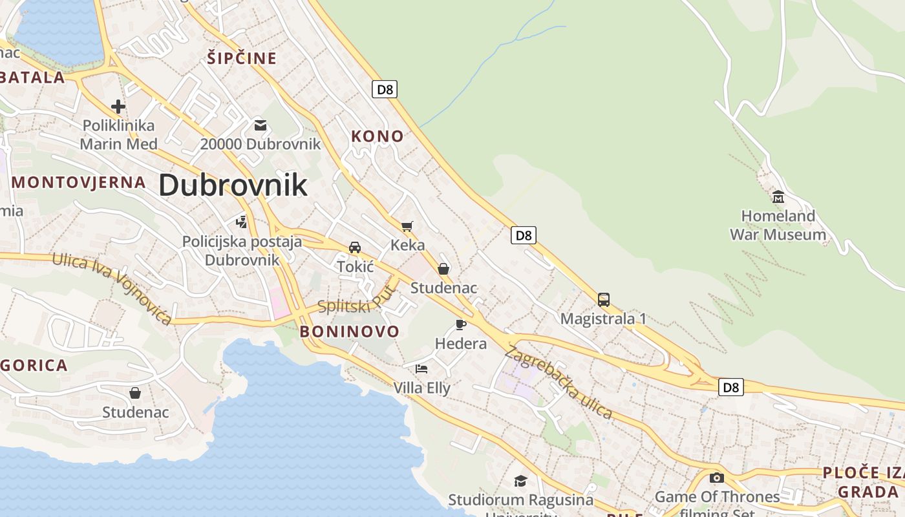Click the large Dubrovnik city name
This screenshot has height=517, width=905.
(x=233, y=185)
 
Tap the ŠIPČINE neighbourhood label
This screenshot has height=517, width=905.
(x=242, y=58)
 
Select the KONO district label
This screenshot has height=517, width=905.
(x=378, y=136)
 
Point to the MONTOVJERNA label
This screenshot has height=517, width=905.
(x=79, y=182)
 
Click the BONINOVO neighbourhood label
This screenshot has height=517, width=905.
(x=350, y=332)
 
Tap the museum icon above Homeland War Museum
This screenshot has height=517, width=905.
(x=778, y=196)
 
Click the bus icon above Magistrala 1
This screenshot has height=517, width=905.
(x=603, y=300)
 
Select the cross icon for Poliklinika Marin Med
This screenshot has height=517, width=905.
(x=118, y=106)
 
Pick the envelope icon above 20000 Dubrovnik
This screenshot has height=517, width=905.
(x=260, y=125)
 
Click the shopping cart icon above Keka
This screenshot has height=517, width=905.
(x=407, y=226)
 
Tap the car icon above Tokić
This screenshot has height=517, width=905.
(x=355, y=248)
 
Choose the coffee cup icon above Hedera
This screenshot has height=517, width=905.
(x=460, y=324)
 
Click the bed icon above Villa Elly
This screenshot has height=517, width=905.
(x=421, y=369)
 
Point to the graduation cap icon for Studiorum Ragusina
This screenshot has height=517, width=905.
(x=520, y=481)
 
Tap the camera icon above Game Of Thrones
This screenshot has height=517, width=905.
(x=716, y=478)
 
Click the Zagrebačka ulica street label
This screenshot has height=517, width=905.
(x=559, y=383)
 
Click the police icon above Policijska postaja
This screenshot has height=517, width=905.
(x=242, y=222)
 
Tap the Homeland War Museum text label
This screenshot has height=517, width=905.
(x=778, y=225)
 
